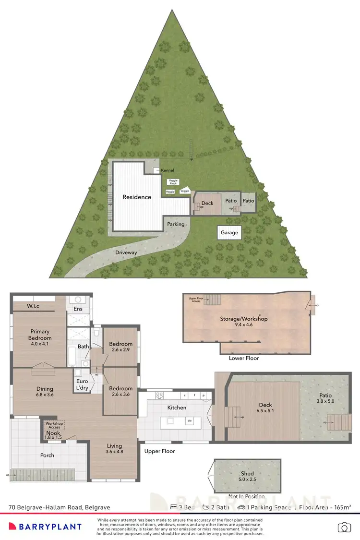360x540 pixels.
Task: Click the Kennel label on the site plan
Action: (x=168, y=170)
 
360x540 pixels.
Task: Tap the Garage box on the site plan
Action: (x=229, y=233)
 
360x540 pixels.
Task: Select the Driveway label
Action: (x=126, y=252)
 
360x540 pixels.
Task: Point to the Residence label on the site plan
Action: (x=137, y=197)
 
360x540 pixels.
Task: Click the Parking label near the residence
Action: (x=176, y=224)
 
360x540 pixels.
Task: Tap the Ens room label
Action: (x=78, y=309)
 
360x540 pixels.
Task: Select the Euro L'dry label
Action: (x=81, y=384)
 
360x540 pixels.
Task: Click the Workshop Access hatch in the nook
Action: (x=54, y=425)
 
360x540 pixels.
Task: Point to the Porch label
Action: (x=47, y=455)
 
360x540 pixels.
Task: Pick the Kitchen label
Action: (x=176, y=408)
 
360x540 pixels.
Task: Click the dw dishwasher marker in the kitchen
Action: (x=190, y=421)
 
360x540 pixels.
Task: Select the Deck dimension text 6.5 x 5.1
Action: (x=265, y=411)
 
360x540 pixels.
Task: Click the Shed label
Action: (x=248, y=474)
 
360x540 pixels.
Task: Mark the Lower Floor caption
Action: (x=244, y=358)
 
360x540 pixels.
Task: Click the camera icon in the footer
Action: (x=344, y=528)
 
